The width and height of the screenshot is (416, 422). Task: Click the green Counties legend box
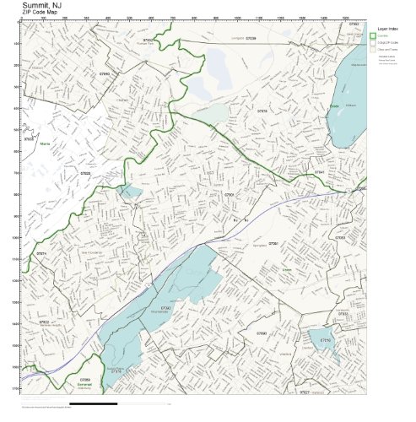pyautogui.click(x=373, y=35)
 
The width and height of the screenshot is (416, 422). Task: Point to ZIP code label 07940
pyautogui.click(x=105, y=74)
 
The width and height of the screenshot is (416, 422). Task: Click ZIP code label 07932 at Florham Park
pyautogui.click(x=148, y=40)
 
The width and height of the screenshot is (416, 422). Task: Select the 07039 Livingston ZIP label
pyautogui.click(x=251, y=39)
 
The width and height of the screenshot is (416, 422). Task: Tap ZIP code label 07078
pyautogui.click(x=262, y=111)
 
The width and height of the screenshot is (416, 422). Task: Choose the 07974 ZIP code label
pyautogui.click(x=41, y=252)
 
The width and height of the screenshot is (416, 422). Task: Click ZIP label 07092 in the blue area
pyautogui.click(x=165, y=307)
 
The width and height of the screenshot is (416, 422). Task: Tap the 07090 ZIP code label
pyautogui.click(x=262, y=333)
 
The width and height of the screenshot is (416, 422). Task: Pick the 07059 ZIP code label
pyautogui.click(x=85, y=380)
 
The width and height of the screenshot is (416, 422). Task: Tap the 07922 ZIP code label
pyautogui.click(x=44, y=322)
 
